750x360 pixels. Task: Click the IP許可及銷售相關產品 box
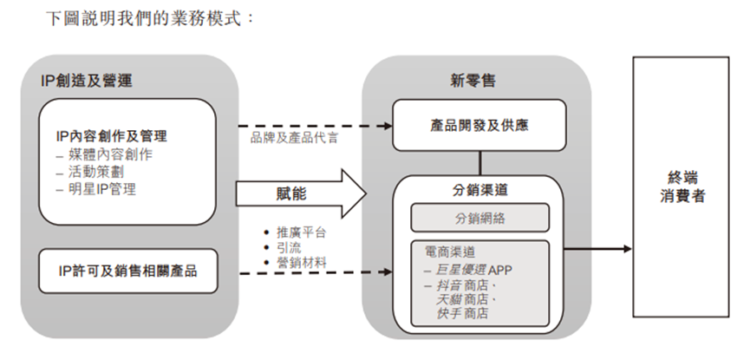[x=127, y=272]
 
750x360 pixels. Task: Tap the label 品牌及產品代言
[x=294, y=137]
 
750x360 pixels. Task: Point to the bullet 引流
[x=288, y=246]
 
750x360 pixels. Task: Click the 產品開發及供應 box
[x=479, y=126]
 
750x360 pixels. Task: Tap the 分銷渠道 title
[x=479, y=189]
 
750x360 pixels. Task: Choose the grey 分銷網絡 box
[x=479, y=218]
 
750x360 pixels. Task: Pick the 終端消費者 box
[x=680, y=186]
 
